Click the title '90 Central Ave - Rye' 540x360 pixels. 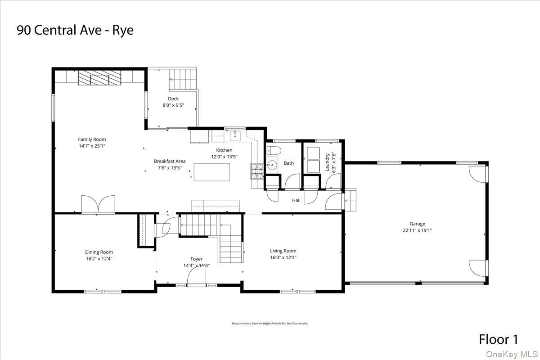point(75,31)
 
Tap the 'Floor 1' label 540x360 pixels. point(499,339)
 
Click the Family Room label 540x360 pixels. point(92,139)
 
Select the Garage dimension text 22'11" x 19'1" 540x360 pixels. point(417,230)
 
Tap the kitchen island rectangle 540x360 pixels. point(211,172)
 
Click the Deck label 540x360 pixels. point(173,99)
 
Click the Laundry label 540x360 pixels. point(328,162)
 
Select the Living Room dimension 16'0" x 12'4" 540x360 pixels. point(283,257)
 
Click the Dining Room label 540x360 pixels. point(99,252)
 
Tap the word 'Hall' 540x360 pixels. point(296,200)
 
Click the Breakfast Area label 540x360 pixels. point(170,161)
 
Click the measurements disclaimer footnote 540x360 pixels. point(270,324)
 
